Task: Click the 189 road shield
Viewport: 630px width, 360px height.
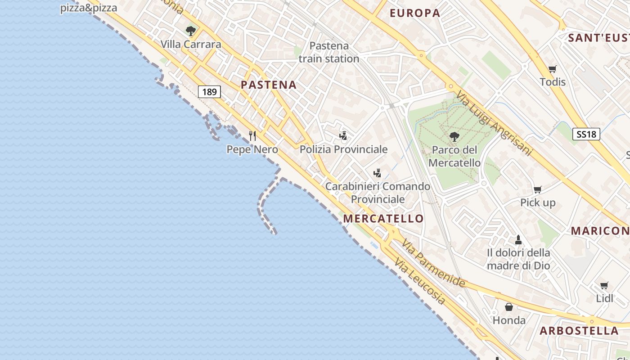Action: coord(209,92)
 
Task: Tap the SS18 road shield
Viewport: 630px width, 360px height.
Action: coord(586,134)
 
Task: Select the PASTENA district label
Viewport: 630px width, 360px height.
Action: coord(269,85)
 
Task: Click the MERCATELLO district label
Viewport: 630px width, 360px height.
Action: coord(383,219)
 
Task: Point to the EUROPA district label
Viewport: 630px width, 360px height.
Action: coord(415,13)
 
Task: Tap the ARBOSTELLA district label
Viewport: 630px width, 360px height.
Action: coord(579,331)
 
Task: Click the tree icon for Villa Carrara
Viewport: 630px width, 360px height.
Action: coord(191,31)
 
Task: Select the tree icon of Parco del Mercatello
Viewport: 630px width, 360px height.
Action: coord(454,136)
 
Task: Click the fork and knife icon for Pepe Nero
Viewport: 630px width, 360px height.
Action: coord(252,135)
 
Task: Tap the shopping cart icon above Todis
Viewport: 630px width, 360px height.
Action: coord(553,69)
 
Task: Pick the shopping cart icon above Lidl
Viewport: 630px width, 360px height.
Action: coord(604,285)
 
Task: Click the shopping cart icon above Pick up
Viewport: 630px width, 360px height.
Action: coord(538,189)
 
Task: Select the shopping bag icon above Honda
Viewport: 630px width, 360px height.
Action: coord(509,307)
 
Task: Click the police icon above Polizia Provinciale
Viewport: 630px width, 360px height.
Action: coord(343,135)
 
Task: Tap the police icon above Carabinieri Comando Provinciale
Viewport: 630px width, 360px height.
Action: coord(378,173)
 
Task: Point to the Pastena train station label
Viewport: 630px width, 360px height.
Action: coord(329,52)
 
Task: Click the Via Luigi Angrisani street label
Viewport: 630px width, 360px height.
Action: coord(494,124)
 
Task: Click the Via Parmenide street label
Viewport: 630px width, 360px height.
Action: coord(433,263)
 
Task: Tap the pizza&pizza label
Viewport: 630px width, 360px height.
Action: coord(89,8)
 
